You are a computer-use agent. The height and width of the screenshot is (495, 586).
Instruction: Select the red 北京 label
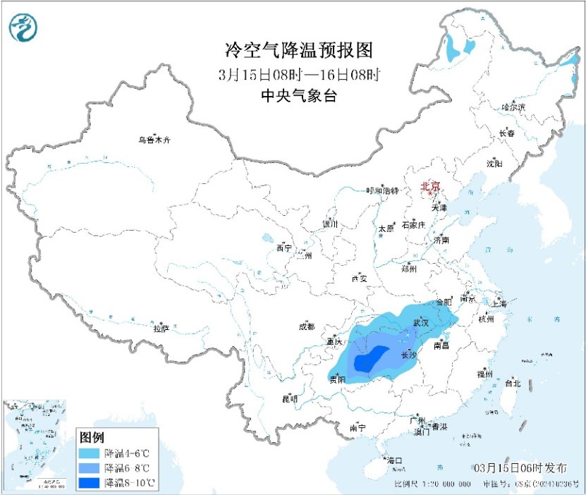[430, 187]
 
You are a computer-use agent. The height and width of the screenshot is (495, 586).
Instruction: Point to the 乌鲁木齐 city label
[154, 140]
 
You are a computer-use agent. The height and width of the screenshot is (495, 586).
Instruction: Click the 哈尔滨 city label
[513, 107]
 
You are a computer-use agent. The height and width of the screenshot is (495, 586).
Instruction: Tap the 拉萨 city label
[161, 328]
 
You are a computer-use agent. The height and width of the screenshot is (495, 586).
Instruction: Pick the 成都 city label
[307, 326]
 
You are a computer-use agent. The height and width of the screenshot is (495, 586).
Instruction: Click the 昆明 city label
[290, 399]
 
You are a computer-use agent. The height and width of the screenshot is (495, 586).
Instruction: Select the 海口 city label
[393, 460]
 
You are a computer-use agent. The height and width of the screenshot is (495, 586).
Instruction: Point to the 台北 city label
[512, 384]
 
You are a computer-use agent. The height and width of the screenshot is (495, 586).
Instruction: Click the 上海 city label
[499, 303]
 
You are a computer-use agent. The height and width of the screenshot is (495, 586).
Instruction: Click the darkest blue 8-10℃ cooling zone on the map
[371, 360]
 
